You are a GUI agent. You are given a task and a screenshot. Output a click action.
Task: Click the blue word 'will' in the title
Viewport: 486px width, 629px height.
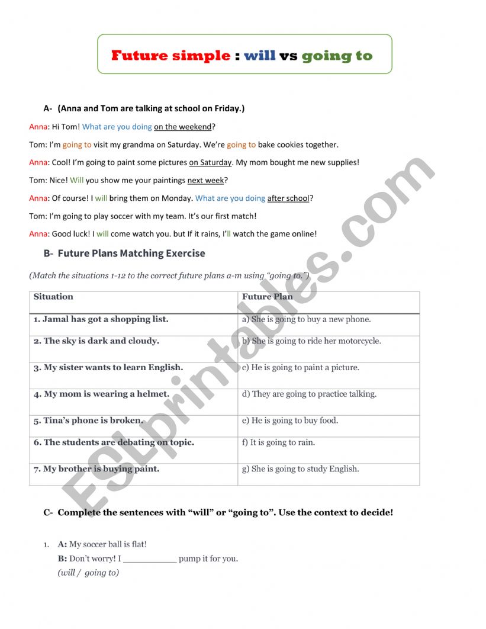[x=260, y=56]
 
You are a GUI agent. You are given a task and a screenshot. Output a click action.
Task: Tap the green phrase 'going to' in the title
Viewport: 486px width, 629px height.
[x=337, y=56]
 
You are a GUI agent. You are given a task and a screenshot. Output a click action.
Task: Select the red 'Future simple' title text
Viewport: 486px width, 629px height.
[x=170, y=56]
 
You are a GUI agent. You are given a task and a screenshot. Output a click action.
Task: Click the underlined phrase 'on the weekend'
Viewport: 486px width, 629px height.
[x=182, y=127]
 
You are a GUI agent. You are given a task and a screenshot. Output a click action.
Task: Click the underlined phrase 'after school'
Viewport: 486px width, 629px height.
[x=288, y=198]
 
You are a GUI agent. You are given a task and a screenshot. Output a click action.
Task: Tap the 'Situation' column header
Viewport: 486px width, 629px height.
[x=53, y=297]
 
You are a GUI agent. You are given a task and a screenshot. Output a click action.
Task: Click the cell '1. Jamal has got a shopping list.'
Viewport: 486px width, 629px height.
[x=101, y=319]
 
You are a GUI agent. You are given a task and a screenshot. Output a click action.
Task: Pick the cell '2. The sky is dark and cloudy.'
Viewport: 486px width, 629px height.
[x=96, y=341]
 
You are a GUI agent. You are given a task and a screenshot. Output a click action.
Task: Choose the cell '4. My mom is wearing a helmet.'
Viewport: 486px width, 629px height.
[x=101, y=394]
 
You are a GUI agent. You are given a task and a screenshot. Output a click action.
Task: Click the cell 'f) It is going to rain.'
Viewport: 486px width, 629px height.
[x=278, y=442]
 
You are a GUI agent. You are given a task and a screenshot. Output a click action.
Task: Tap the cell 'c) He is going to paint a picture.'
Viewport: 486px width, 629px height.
[x=301, y=368]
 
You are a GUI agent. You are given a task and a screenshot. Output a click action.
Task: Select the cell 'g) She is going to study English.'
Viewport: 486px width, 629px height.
[x=301, y=469]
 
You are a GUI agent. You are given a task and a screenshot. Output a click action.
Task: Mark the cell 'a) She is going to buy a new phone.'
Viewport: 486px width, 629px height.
[x=307, y=319]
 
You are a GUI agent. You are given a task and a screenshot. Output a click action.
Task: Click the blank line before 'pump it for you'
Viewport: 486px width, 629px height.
[x=150, y=559]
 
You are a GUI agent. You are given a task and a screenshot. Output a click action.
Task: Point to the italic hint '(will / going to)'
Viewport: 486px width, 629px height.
[x=88, y=573]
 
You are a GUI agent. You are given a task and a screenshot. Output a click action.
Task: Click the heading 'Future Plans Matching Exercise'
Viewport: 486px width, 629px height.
[x=131, y=253]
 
